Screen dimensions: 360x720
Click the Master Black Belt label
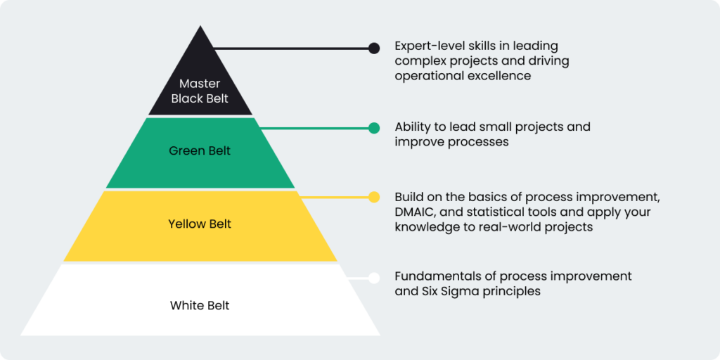(x=200, y=91)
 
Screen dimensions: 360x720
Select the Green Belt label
(x=200, y=150)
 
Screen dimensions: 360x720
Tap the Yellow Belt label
(x=200, y=224)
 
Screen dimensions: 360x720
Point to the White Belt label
(x=200, y=305)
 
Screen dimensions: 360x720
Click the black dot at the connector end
(x=374, y=49)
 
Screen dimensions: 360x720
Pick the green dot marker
(x=374, y=128)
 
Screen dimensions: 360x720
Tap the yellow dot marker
(x=374, y=197)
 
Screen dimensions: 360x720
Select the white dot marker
(x=374, y=278)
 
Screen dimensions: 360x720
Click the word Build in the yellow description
(x=409, y=196)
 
